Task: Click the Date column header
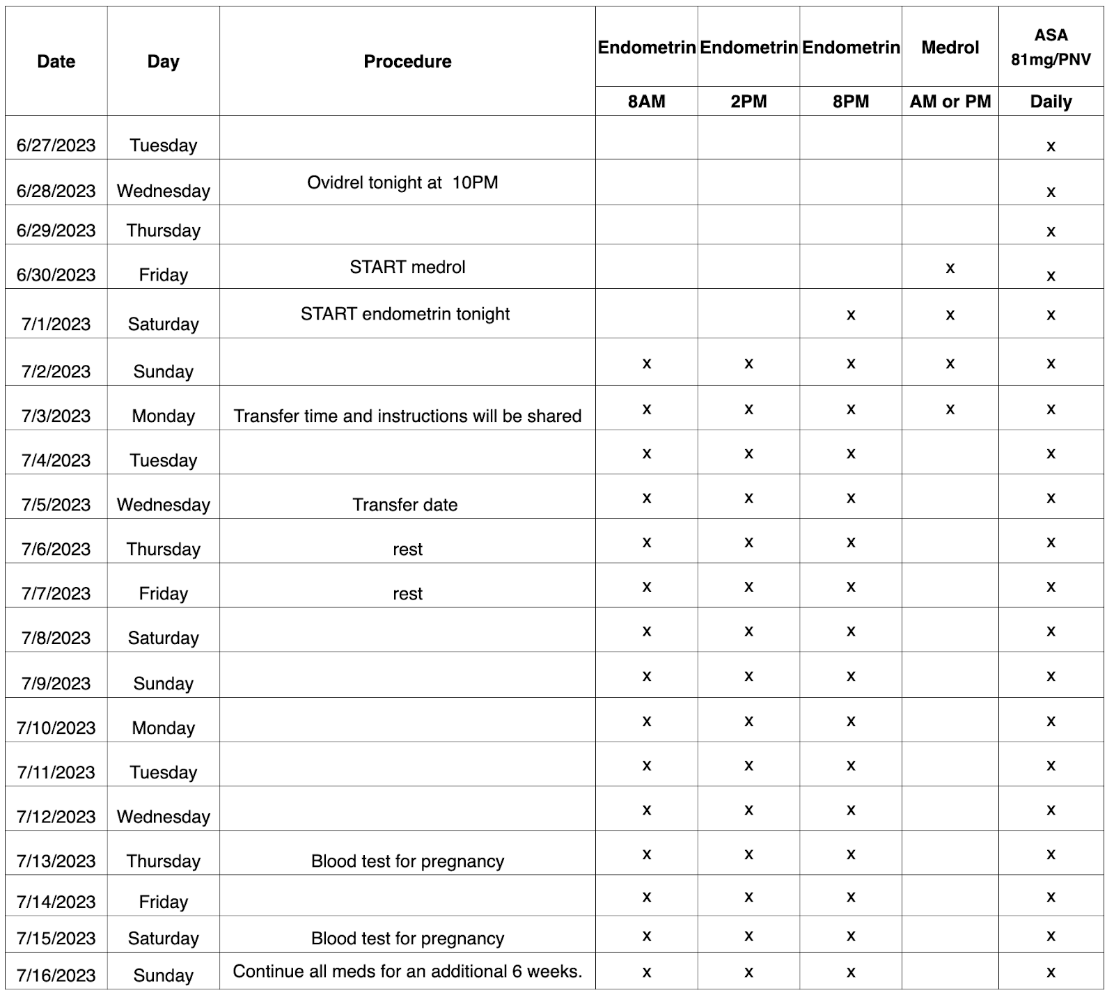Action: [x=56, y=61]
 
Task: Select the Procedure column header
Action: [x=407, y=61]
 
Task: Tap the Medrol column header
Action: [x=950, y=47]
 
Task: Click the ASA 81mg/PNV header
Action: [x=1051, y=47]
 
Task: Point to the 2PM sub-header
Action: [x=748, y=102]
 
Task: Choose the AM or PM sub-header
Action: [x=950, y=102]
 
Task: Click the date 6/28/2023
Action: [x=56, y=191]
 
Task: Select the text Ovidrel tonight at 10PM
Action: [x=402, y=182]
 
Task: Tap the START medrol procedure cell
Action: [x=407, y=267]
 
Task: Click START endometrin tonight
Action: [x=405, y=314]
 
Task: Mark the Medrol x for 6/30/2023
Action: [x=950, y=268]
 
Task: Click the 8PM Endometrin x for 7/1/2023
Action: [x=850, y=315]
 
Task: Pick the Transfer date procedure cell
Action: [x=405, y=505]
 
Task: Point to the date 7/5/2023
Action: [x=56, y=505]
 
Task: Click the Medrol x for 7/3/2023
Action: [x=950, y=409]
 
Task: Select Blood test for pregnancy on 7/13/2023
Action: [x=407, y=861]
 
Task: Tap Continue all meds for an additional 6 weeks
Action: [x=407, y=971]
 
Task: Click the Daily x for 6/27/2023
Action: [x=1051, y=146]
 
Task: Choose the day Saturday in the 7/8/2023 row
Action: [x=163, y=638]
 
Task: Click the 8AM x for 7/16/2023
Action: [x=646, y=973]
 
